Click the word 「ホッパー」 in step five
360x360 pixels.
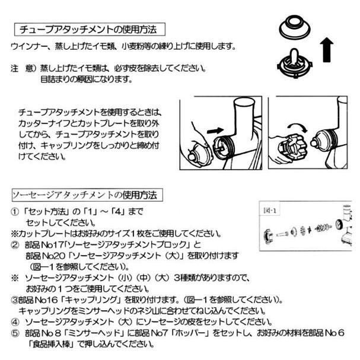pyautogui.click(x=196, y=333)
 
